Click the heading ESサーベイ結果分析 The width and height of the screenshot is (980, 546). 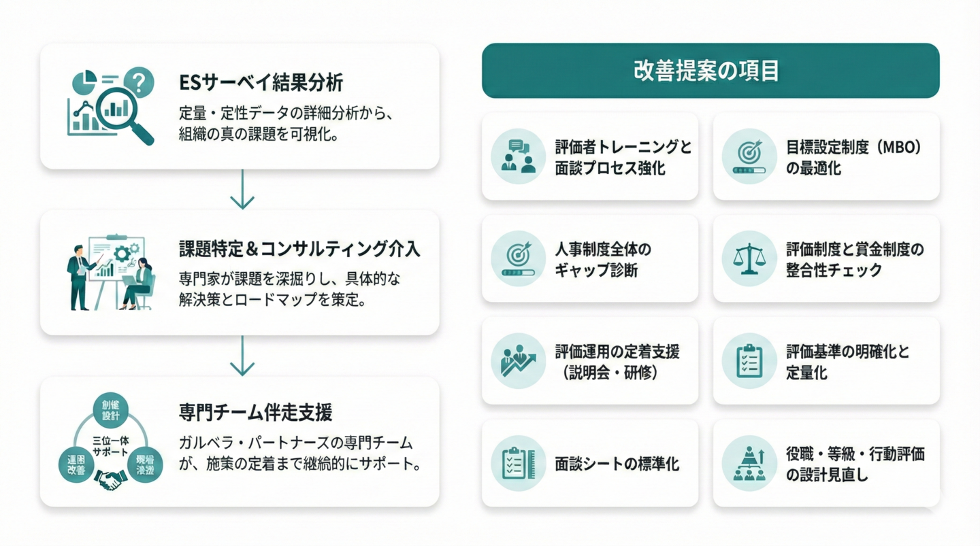point(261,83)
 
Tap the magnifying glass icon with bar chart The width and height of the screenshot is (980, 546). point(125,113)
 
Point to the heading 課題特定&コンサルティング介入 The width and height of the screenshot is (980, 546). point(299,249)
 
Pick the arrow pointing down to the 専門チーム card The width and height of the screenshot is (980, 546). point(242,359)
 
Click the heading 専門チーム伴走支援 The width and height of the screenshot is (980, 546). point(255,412)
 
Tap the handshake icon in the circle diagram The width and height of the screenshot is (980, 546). point(111,481)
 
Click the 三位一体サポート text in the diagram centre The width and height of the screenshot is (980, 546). point(110,445)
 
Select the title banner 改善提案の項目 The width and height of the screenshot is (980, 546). point(710,71)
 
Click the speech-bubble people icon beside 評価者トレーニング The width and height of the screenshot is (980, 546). point(518,156)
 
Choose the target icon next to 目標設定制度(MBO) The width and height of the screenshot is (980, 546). point(749,156)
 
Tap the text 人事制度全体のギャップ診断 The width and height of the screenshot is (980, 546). point(603,259)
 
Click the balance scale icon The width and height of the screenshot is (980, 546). point(749,259)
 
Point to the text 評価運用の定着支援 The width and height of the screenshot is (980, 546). point(617,352)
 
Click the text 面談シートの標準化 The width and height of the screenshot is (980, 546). point(617,464)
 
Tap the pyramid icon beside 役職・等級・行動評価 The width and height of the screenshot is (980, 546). point(749,464)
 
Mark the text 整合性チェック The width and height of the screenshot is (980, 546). point(834,270)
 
